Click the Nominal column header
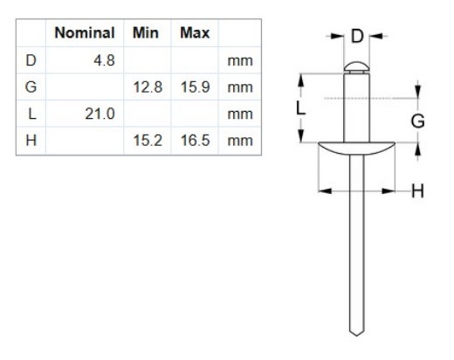click(86, 35)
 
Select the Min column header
click(144, 35)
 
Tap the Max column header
click(191, 35)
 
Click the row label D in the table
click(33, 61)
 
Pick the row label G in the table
click(33, 87)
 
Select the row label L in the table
click(33, 114)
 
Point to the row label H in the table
click(33, 140)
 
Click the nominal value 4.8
click(104, 61)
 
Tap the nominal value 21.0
click(100, 114)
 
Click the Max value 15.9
click(192, 87)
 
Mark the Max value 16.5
click(192, 140)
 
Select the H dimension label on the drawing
click(417, 190)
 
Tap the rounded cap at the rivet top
click(355, 66)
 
